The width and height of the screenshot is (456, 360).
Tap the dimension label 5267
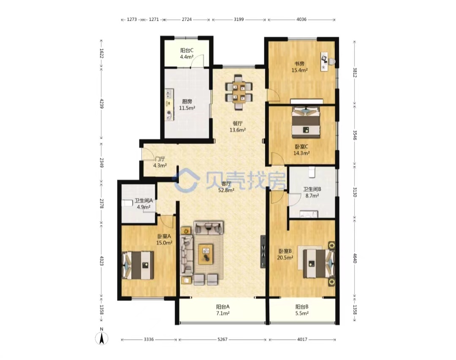point(223,339)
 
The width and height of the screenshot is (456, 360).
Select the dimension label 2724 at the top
point(187,19)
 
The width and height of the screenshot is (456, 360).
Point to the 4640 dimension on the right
point(355,258)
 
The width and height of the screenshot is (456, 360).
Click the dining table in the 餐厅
point(239,92)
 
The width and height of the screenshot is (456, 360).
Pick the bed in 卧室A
point(138,265)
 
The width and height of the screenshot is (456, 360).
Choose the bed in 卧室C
point(306,122)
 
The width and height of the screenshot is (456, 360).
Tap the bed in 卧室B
point(319,264)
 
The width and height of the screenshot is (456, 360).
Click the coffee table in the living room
point(206,254)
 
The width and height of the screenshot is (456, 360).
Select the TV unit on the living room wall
point(263,252)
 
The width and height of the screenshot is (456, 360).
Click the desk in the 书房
point(324,61)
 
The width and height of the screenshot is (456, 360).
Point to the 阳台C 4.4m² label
point(187,54)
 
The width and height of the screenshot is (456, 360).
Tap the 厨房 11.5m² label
point(187,105)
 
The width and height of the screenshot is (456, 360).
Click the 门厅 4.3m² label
point(160,162)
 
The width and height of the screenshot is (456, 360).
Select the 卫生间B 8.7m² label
point(312,192)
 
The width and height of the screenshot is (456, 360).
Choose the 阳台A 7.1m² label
point(223,310)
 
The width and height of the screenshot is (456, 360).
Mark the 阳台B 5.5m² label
point(302,310)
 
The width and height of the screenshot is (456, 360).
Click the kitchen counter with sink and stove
point(169,105)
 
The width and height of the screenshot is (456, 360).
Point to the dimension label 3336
point(149,339)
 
